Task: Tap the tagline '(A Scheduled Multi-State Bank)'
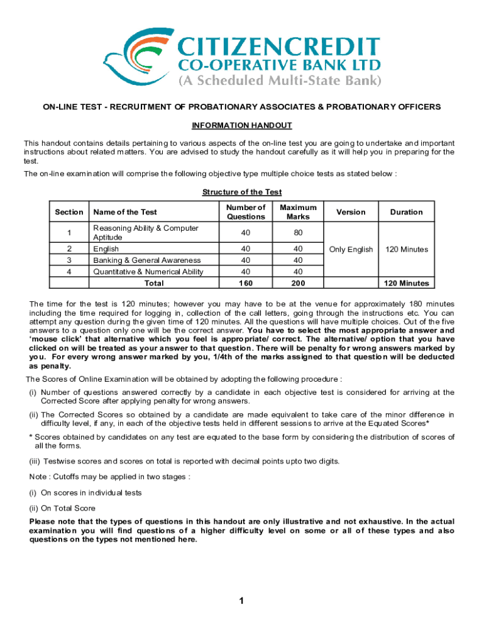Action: click(x=280, y=81)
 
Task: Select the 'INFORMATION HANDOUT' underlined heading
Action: click(x=242, y=125)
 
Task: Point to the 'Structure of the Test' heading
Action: click(x=242, y=192)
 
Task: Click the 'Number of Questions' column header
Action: click(x=246, y=212)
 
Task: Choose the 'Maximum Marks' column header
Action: click(x=298, y=212)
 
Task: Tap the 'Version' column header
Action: click(x=351, y=212)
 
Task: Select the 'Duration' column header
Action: click(x=406, y=212)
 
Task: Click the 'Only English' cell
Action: click(x=351, y=250)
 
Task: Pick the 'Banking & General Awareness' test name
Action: click(x=147, y=260)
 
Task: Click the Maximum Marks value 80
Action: click(x=298, y=233)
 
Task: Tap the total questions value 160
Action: click(x=246, y=283)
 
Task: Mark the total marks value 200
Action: click(x=298, y=283)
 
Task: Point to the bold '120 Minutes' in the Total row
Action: click(x=406, y=283)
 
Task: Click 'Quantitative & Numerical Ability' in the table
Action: click(x=148, y=272)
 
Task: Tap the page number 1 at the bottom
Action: click(x=241, y=601)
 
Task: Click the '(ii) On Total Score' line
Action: click(x=62, y=508)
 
